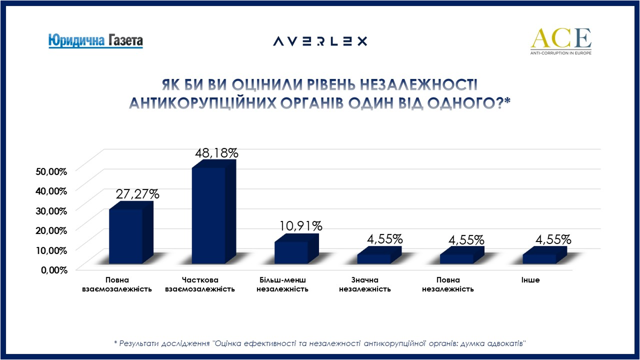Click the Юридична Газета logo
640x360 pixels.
pos(95,40)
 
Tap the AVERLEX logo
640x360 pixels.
pos(320,41)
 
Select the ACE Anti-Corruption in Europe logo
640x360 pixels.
pos(560,41)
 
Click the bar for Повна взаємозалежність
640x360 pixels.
pos(126,236)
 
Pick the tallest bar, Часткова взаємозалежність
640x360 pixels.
pos(208,215)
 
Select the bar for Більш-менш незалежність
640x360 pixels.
pos(291,252)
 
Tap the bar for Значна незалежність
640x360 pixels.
pos(374,258)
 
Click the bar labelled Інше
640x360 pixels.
pos(539,258)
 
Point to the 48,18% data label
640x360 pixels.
pos(216,153)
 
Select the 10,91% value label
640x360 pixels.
pos(301,226)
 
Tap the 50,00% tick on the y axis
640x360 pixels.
pos(51,171)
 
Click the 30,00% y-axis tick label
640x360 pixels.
pos(51,210)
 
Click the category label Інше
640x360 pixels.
pos(530,280)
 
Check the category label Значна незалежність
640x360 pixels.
pos(365,284)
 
